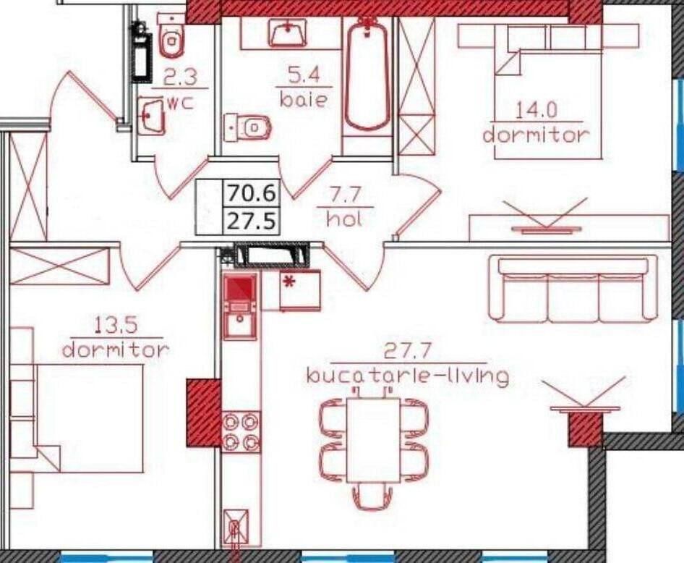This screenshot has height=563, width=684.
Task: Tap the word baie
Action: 302,100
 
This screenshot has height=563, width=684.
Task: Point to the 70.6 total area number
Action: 252,194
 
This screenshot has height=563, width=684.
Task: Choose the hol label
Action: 343,219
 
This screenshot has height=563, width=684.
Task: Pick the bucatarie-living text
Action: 407,376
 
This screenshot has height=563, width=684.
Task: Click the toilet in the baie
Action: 249,127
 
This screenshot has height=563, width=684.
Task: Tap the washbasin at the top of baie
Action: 289,33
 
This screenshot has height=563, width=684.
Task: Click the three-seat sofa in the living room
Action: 573,288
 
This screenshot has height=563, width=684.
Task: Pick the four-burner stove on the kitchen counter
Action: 241,431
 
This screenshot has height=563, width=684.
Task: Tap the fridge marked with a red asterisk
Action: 299,290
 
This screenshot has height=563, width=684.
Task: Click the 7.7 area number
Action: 344,195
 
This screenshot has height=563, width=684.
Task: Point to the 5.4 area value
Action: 302,75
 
